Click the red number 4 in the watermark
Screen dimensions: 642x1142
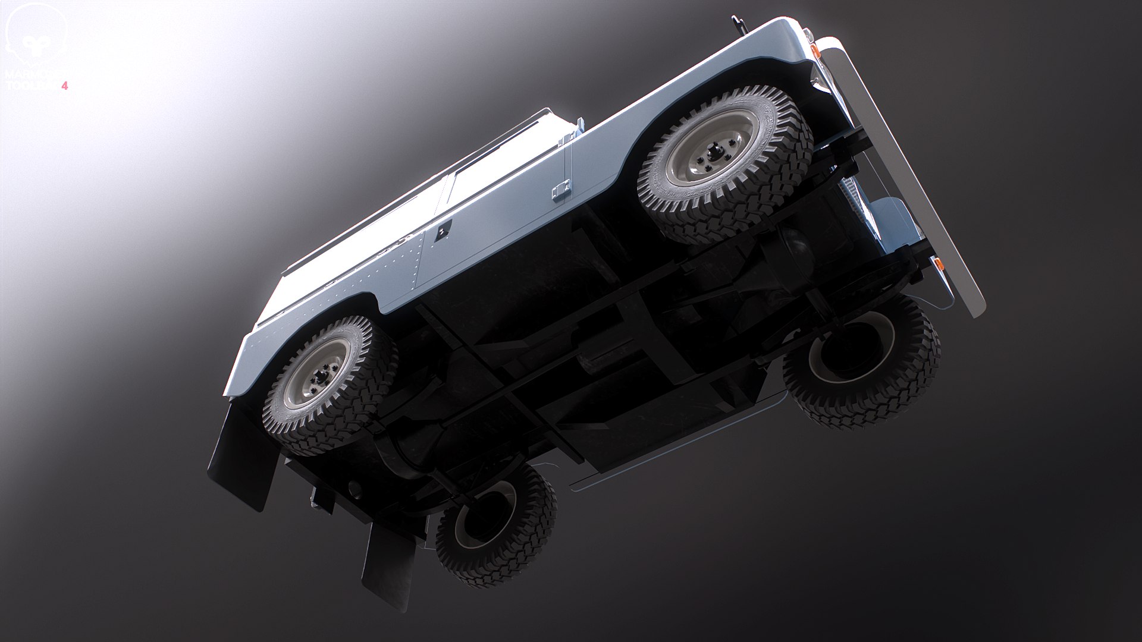click(65, 86)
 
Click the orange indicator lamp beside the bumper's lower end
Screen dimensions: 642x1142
click(939, 263)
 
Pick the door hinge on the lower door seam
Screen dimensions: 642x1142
click(560, 191)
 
